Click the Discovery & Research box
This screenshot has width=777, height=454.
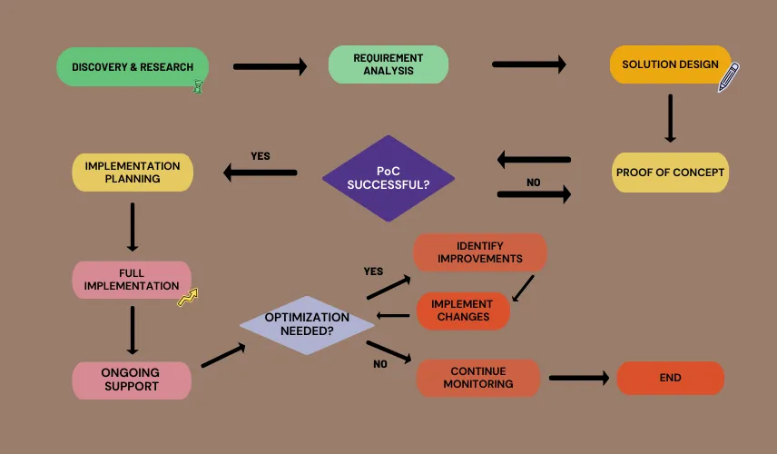click(x=133, y=67)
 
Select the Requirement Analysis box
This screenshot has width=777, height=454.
click(x=388, y=64)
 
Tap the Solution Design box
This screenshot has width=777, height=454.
click(x=670, y=64)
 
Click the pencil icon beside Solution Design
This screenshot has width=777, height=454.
click(x=729, y=77)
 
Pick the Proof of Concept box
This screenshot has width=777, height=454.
click(x=671, y=173)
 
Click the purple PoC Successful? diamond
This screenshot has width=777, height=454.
click(x=388, y=178)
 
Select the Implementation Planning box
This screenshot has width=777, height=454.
click(x=133, y=173)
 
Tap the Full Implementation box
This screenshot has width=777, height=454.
click(x=132, y=280)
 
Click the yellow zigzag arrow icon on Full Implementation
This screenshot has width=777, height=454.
click(x=187, y=297)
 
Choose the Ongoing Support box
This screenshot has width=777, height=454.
click(x=132, y=380)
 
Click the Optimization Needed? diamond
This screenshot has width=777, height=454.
click(x=307, y=324)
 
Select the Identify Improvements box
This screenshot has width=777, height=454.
click(x=480, y=252)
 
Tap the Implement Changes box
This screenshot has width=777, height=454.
click(x=463, y=311)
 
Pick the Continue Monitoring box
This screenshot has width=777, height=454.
click(x=478, y=378)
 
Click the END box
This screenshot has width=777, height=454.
click(x=671, y=378)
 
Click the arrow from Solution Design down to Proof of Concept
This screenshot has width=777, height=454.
click(x=670, y=118)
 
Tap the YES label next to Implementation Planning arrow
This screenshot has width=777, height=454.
click(x=261, y=156)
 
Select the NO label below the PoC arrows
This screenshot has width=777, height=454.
click(x=533, y=183)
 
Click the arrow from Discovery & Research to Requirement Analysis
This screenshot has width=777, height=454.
click(x=270, y=66)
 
